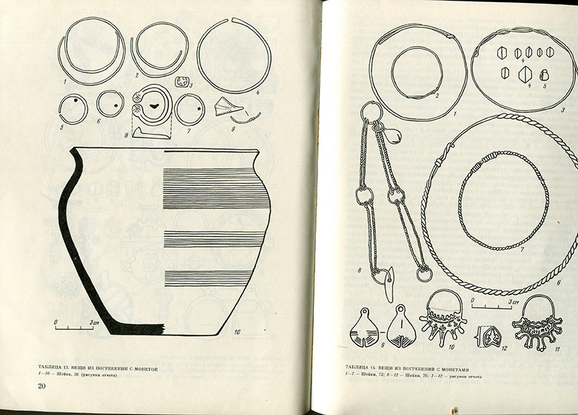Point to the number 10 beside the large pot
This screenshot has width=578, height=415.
237,333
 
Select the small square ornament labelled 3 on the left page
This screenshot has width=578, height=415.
183,82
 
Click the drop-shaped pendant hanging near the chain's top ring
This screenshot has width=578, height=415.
394,135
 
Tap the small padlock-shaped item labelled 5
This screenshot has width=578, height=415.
543,75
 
